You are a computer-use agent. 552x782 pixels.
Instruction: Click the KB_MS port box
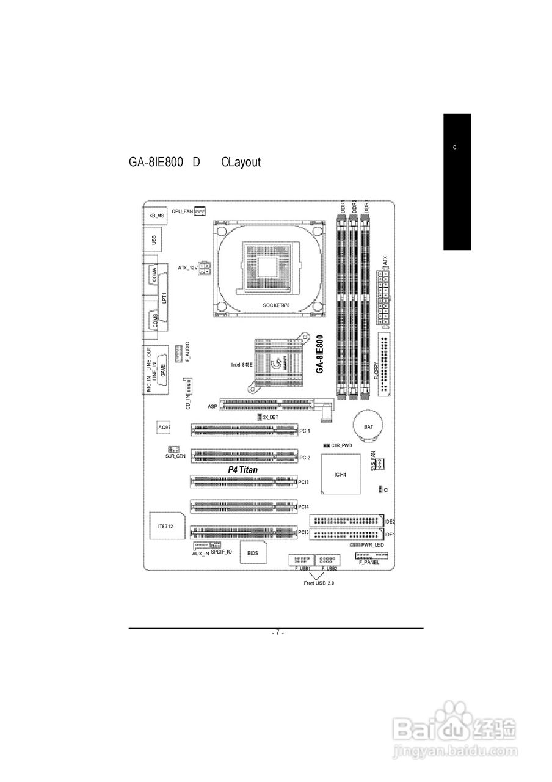(156, 215)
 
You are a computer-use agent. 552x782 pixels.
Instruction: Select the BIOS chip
(252, 552)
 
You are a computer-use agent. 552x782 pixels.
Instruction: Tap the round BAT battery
(368, 426)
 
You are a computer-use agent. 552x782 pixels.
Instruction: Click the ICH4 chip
(341, 474)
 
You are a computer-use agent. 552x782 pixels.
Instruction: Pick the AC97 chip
(164, 427)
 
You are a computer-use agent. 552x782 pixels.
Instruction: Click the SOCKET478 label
(276, 304)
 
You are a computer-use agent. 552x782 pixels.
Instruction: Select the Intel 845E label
(242, 364)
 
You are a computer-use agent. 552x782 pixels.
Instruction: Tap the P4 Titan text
(243, 470)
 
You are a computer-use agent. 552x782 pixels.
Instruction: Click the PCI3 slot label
(304, 483)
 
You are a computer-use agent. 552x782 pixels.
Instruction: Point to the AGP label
(212, 406)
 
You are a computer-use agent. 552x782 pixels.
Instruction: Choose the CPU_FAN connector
(200, 211)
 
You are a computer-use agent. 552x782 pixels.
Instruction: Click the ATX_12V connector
(206, 268)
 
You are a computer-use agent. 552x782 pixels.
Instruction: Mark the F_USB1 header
(300, 560)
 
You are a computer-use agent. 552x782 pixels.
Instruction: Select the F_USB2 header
(328, 560)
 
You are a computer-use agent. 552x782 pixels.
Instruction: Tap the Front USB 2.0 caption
(319, 583)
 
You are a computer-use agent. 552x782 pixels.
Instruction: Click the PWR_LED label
(372, 544)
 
